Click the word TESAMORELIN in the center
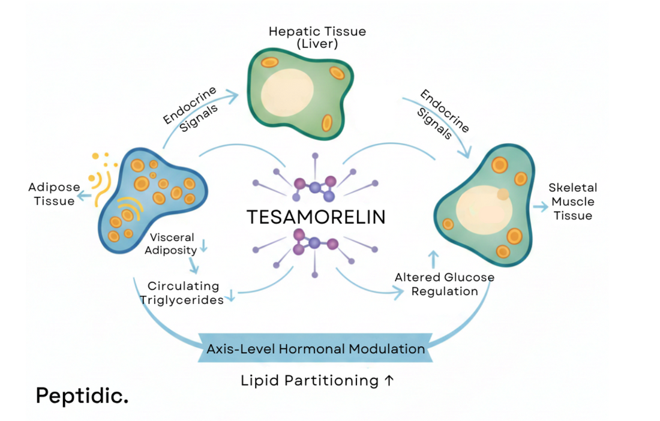(316, 216)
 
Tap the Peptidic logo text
(82, 395)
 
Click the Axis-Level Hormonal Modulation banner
(316, 348)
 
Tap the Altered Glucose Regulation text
(445, 284)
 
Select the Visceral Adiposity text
(172, 243)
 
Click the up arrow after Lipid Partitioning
(389, 380)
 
